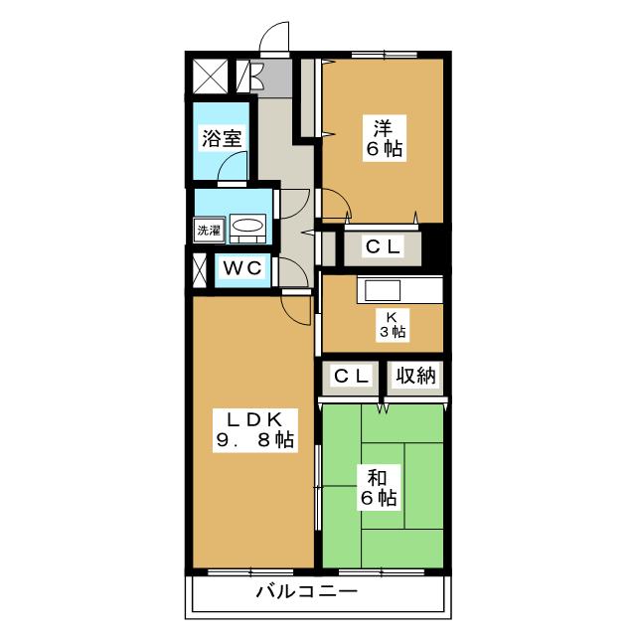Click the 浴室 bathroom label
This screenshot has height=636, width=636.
coord(222,139)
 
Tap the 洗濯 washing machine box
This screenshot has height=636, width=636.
coord(209,231)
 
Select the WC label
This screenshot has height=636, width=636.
coord(242,268)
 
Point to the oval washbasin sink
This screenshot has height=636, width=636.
coord(247,226)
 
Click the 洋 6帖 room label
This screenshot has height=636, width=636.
coord(385,138)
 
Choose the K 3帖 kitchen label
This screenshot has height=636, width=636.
coord(393,325)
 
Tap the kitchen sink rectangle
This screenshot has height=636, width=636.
coord(383,290)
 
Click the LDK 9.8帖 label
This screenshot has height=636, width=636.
coord(255,430)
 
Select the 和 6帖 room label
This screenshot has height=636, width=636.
coord(379,488)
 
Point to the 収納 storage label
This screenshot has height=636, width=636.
coord(415,376)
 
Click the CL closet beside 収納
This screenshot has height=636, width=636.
coord(351,376)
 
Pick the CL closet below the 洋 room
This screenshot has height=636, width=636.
coord(383,246)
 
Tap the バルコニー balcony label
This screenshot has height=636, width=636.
coord(307,592)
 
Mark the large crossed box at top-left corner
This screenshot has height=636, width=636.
coord(210,76)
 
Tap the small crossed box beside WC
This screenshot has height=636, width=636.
coord(200,270)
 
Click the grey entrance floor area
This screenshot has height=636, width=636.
coord(271,78)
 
